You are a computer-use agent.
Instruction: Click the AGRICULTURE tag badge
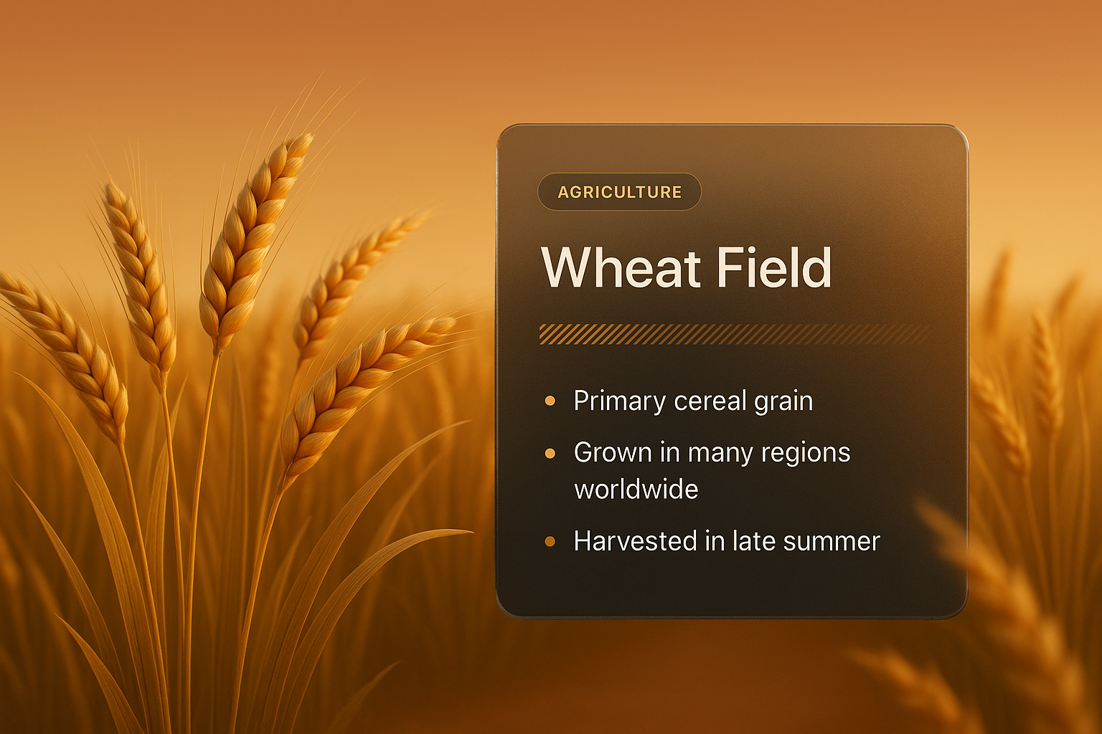(x=619, y=192)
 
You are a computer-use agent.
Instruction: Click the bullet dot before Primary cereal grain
(x=550, y=401)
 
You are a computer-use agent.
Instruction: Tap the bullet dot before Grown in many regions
(x=550, y=453)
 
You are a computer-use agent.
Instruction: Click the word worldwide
(x=636, y=490)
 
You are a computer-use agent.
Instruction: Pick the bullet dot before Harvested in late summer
(x=550, y=541)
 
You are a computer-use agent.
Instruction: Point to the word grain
(x=783, y=401)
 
